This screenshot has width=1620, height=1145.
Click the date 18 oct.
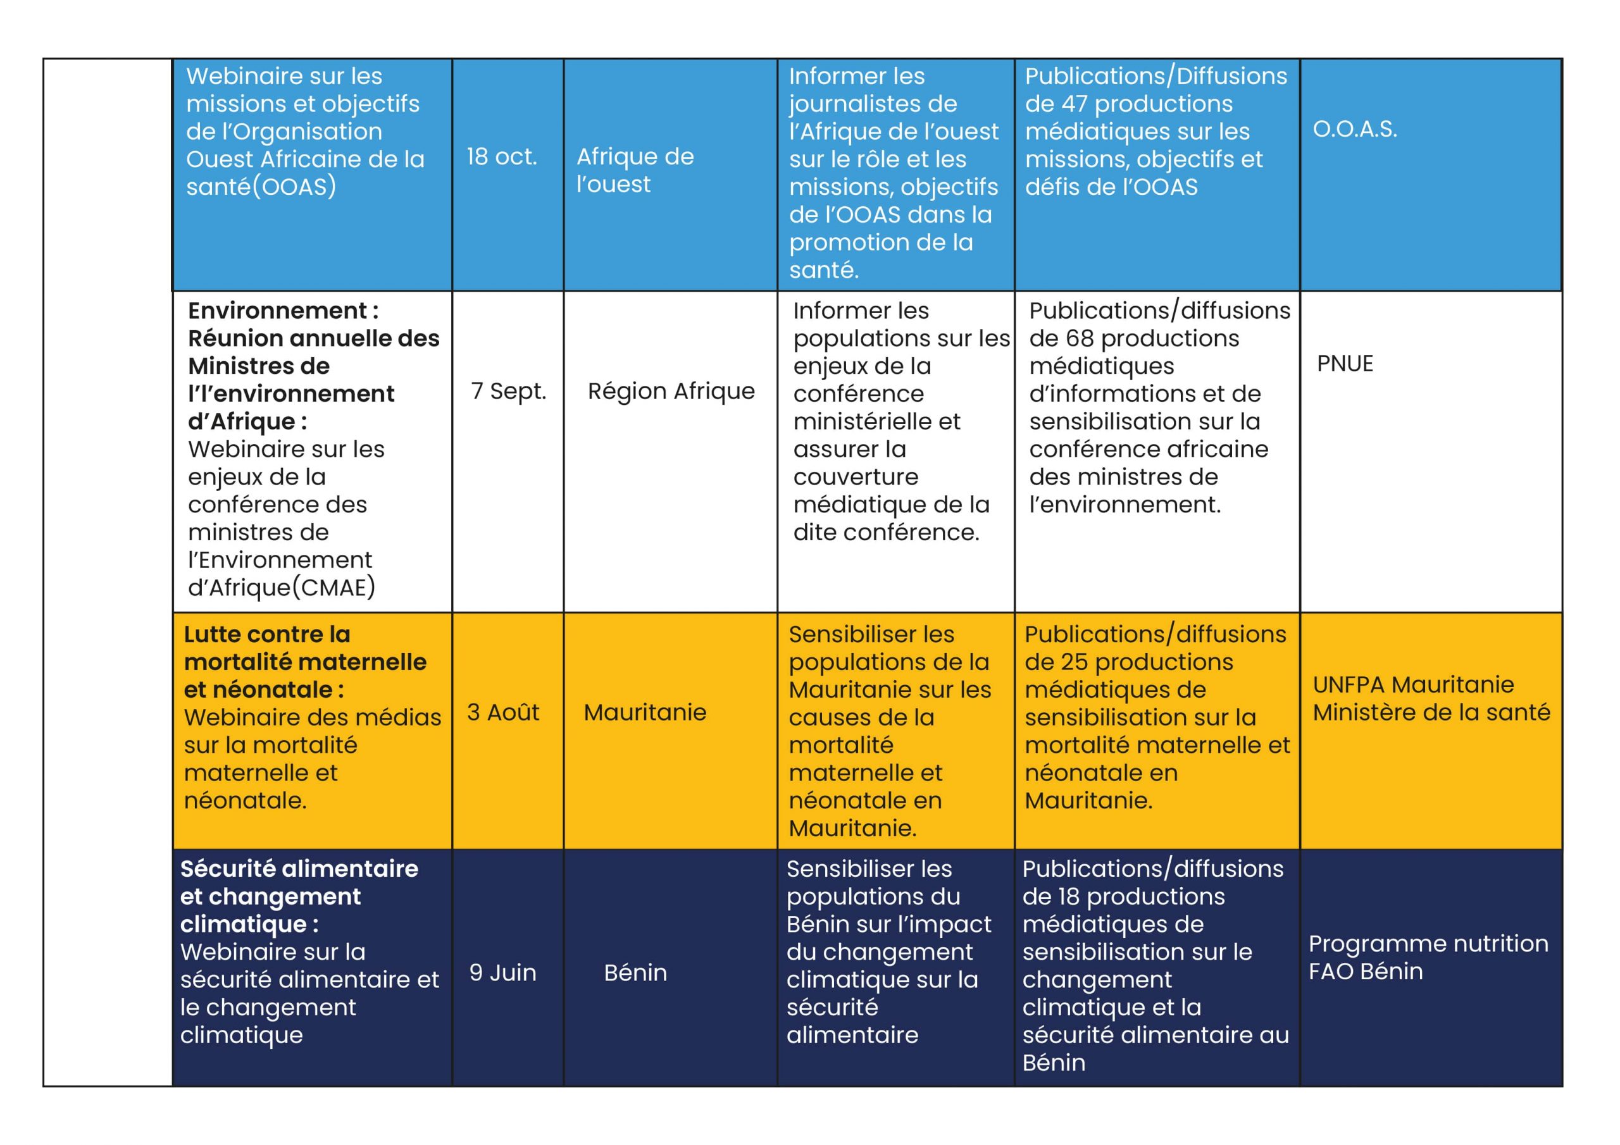click(x=502, y=157)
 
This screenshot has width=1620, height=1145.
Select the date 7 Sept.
click(x=508, y=391)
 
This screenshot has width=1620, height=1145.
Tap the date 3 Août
click(x=502, y=712)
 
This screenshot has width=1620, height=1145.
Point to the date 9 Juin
click(x=502, y=973)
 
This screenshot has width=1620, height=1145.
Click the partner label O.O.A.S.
click(x=1354, y=129)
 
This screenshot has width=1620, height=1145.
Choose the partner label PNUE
click(x=1344, y=364)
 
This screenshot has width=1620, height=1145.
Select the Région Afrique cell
click(x=670, y=391)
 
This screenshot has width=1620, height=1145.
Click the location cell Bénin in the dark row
click(x=635, y=973)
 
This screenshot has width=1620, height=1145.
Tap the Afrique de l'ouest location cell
click(x=634, y=170)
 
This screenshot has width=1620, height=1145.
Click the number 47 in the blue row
click(x=1074, y=104)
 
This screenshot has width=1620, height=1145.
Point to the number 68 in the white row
click(x=1079, y=338)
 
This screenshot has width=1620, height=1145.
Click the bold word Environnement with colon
click(x=283, y=311)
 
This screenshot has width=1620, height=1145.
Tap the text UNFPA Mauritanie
click(x=1412, y=685)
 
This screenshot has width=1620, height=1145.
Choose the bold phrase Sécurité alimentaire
click(x=299, y=869)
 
